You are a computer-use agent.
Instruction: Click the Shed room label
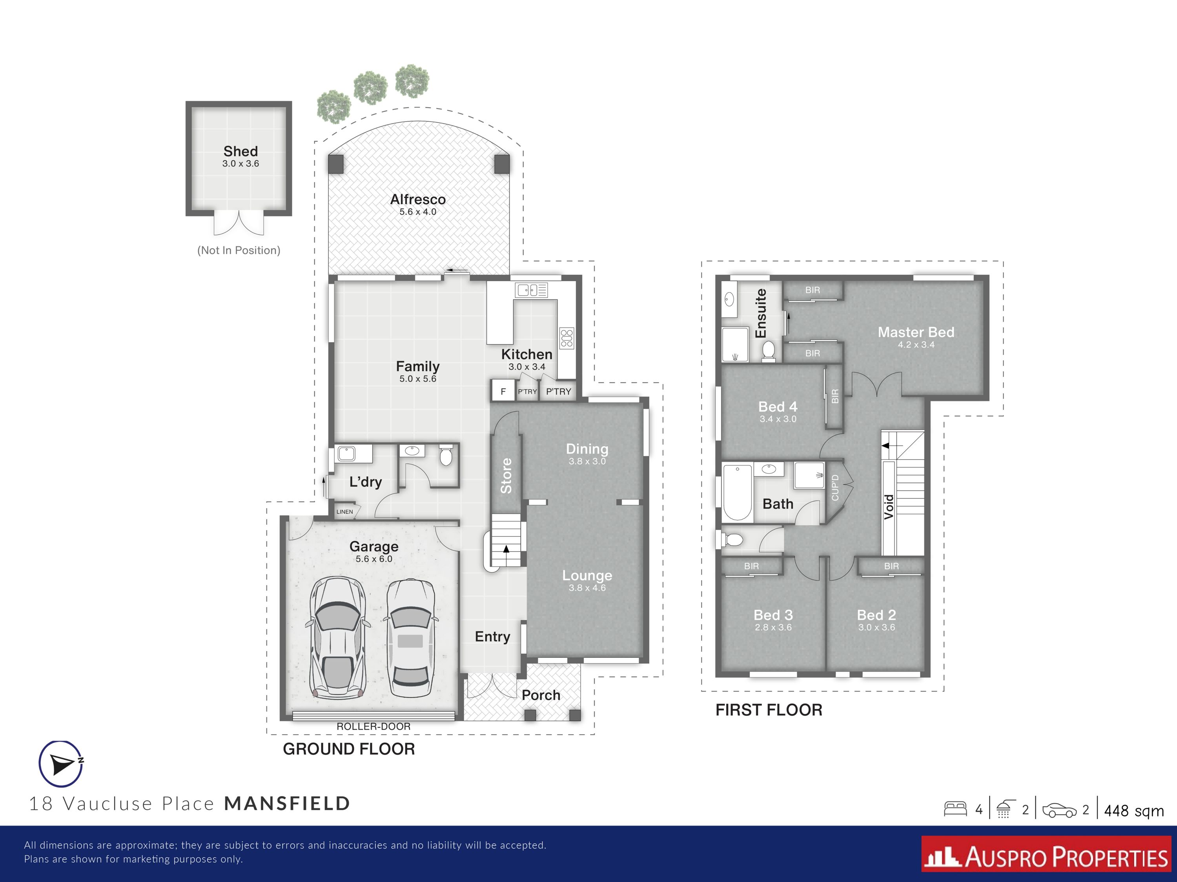coord(241,152)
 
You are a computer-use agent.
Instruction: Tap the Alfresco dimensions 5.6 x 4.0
coord(418,212)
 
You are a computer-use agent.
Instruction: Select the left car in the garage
coord(337,637)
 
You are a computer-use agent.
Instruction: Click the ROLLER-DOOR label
coord(374,726)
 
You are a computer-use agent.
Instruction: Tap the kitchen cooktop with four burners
coord(567,338)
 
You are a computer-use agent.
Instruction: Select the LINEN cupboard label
coord(345,512)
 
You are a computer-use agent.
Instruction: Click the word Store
coord(506,476)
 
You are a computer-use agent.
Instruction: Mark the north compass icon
coord(61,764)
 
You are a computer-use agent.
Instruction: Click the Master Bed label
coord(916,332)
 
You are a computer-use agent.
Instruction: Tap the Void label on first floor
coord(889,506)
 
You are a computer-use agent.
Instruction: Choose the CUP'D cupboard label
coord(835,488)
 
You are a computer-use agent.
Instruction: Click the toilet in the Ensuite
coord(768,351)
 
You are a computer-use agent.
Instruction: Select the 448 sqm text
coord(1133,811)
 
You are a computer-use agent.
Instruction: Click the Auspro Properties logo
coord(1046,857)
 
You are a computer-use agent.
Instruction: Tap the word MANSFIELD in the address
coord(287,803)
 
